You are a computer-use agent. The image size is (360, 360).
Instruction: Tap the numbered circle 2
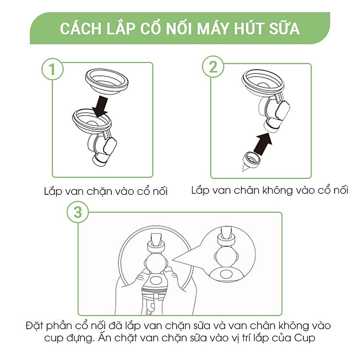213,67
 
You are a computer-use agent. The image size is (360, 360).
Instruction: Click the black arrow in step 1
101,105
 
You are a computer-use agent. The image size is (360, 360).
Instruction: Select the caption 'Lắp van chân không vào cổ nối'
269,190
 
